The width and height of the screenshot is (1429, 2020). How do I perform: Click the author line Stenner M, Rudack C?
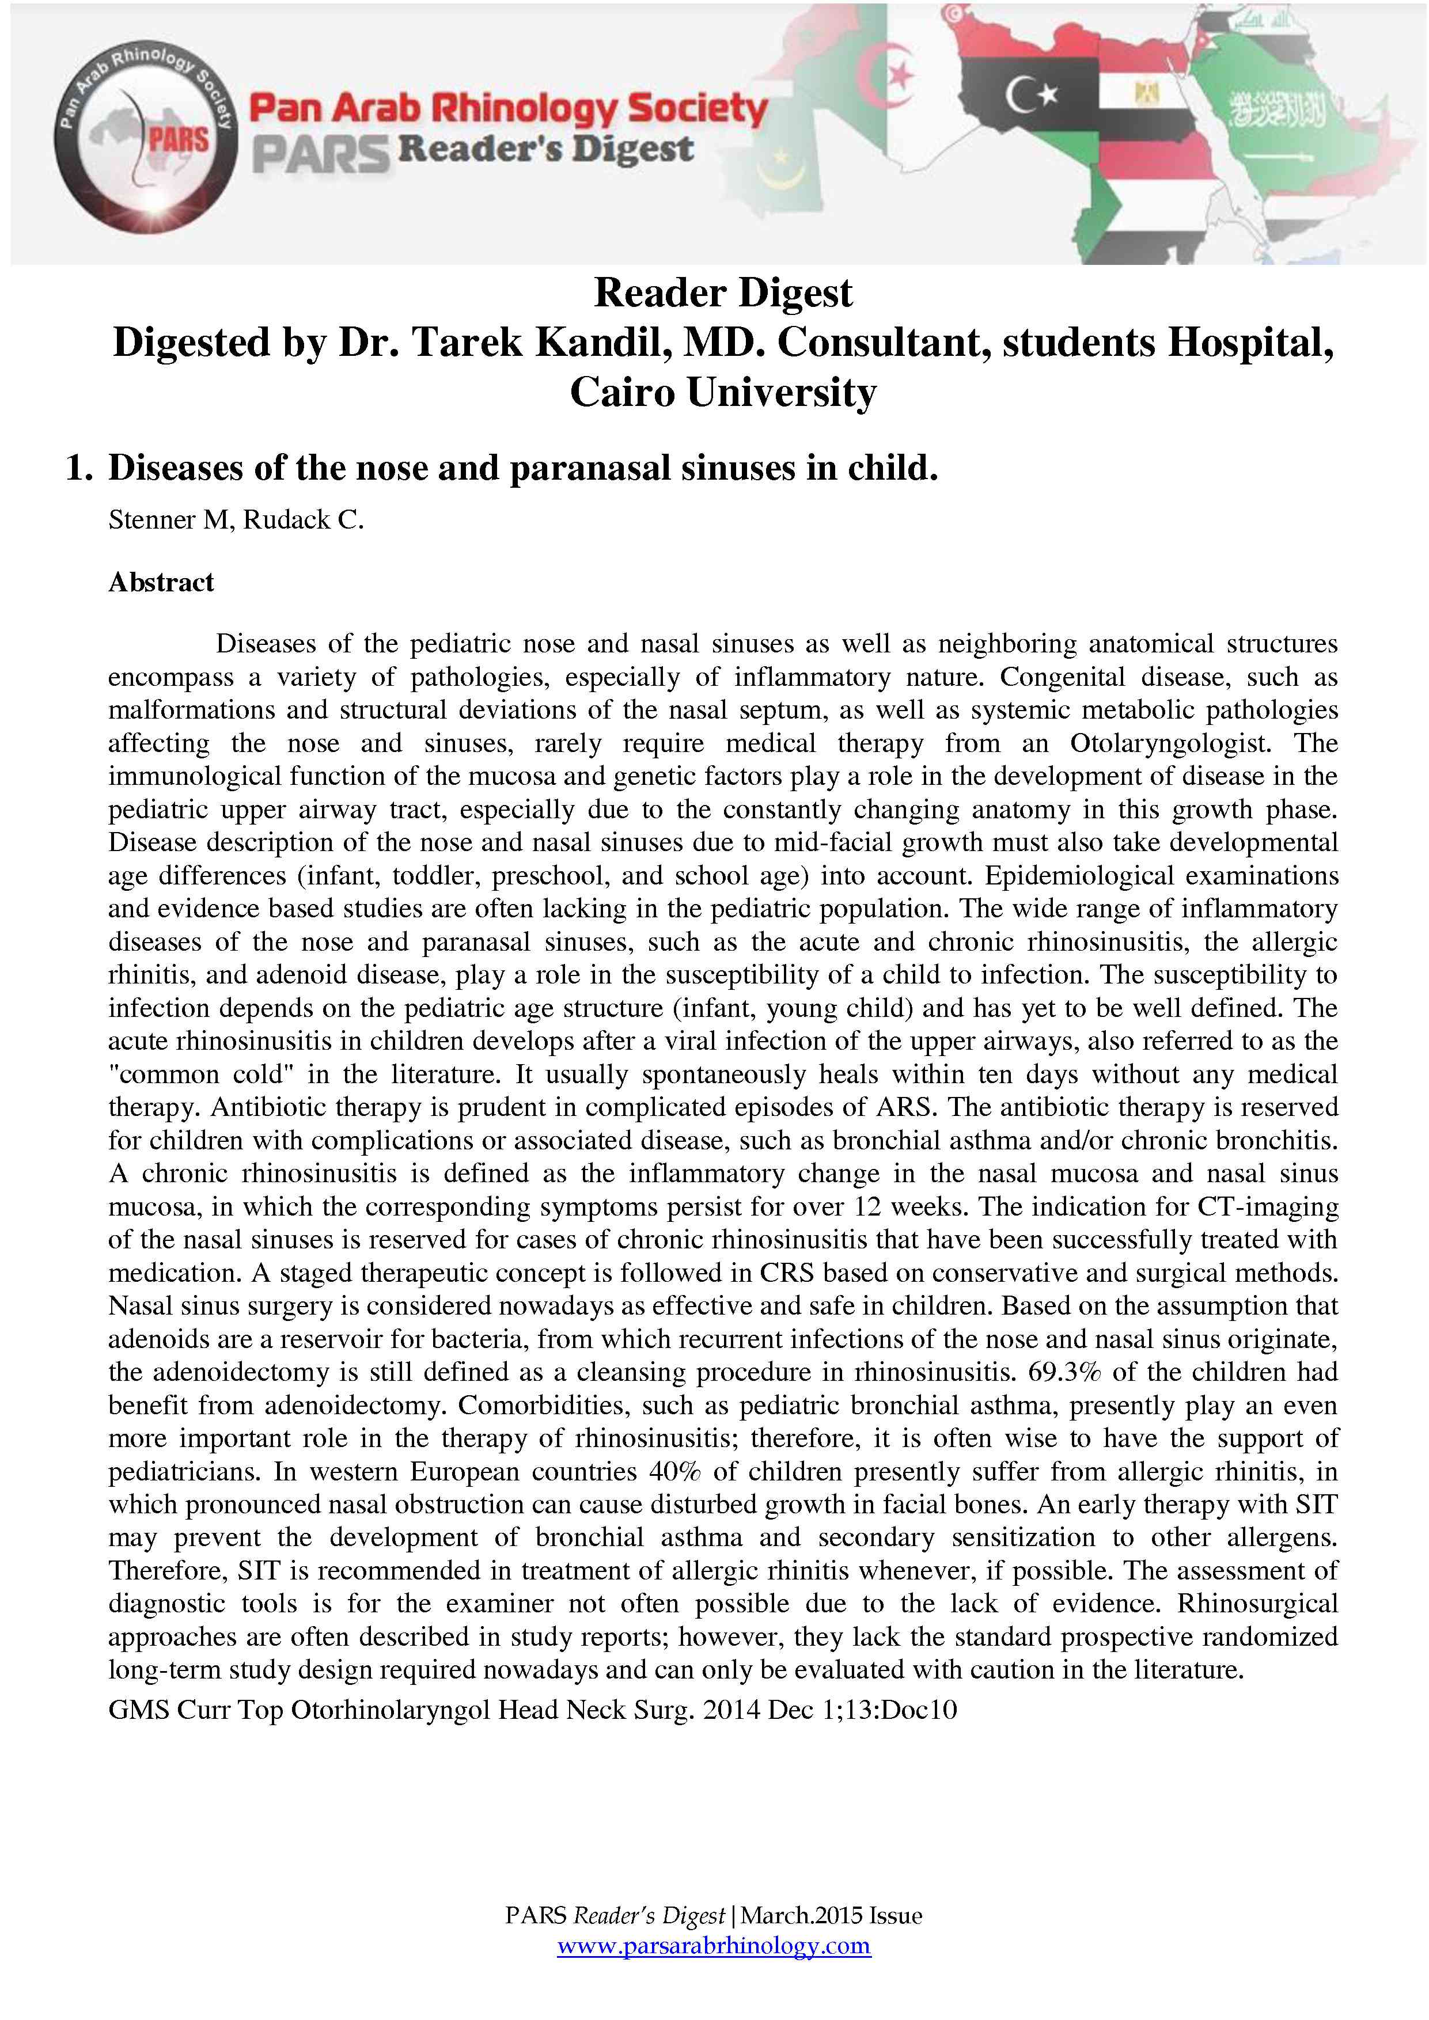(236, 520)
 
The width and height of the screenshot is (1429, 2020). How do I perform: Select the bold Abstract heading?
(161, 582)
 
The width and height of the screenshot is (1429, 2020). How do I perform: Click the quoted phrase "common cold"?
(164, 1075)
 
